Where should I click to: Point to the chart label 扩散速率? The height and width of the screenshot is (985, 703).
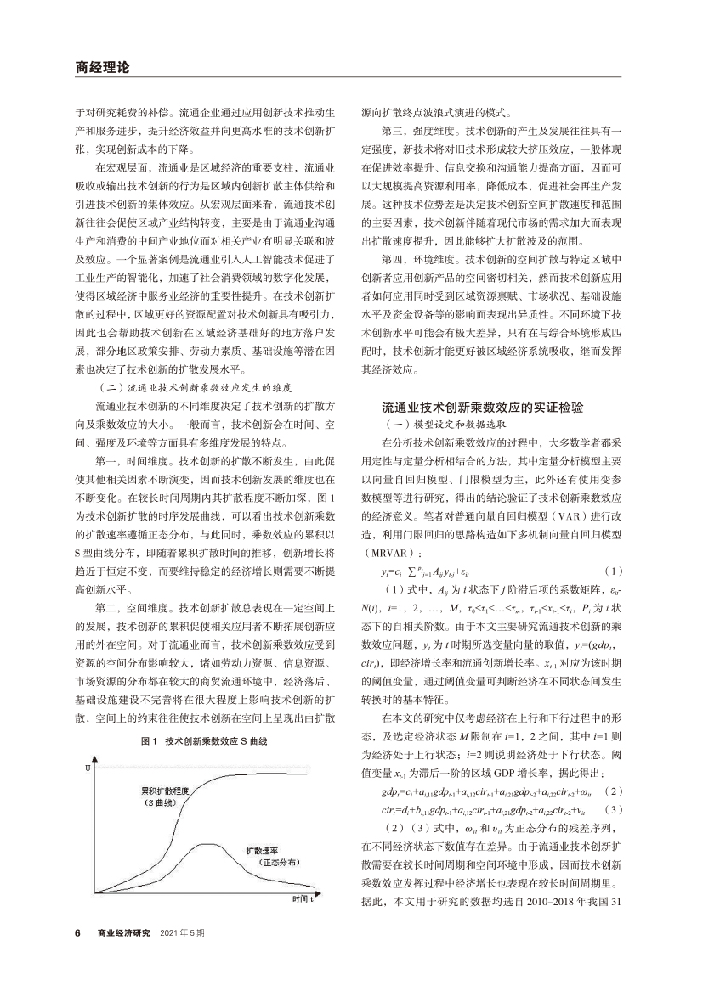click(x=264, y=849)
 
